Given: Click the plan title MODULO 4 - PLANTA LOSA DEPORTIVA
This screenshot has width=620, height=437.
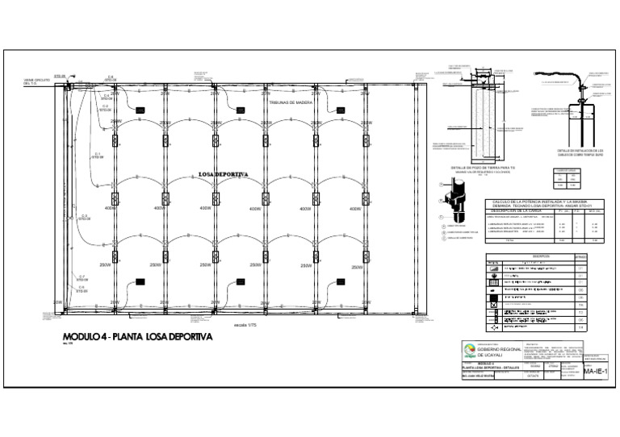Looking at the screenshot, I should (137, 336).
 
